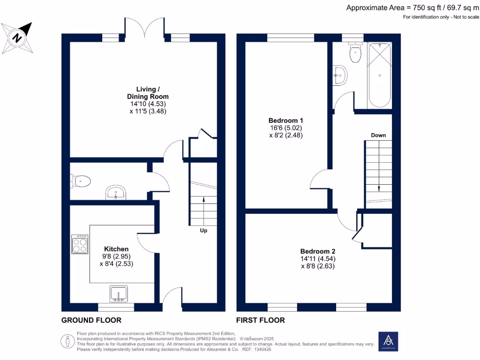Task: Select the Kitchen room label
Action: (116, 248)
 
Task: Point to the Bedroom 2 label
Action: (317, 251)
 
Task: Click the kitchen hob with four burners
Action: (80, 244)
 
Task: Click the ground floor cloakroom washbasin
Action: (116, 192)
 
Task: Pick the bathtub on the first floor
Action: (380, 75)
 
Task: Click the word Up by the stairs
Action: (203, 231)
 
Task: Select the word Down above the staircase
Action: (378, 135)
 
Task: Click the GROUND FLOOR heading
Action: (91, 320)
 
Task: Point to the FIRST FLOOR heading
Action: (261, 320)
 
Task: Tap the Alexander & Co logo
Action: (388, 341)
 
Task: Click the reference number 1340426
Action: (264, 349)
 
